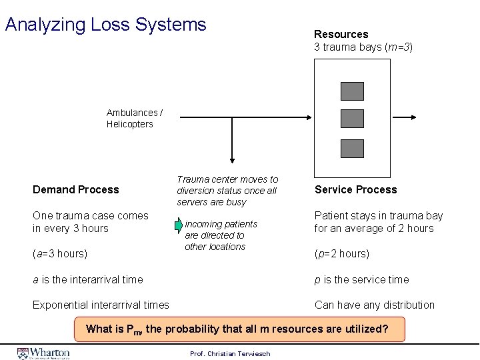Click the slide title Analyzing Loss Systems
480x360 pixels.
[105, 25]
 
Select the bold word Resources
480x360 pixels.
[341, 34]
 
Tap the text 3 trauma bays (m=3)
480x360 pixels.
[363, 47]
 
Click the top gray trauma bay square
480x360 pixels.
[352, 91]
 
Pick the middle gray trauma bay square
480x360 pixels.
[352, 119]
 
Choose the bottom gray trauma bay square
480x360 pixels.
[352, 148]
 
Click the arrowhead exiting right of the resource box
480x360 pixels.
[413, 118]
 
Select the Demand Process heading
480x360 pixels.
[76, 190]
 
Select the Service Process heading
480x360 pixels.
[355, 190]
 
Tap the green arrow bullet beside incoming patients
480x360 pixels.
[178, 225]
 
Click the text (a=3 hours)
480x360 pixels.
[60, 254]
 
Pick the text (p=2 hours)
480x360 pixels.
[341, 254]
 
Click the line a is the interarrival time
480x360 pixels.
[87, 280]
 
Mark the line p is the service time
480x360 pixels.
[361, 280]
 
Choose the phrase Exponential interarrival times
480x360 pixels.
[101, 305]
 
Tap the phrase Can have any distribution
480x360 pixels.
[374, 305]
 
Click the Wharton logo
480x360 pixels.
[44, 353]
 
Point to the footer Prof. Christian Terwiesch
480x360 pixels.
[230, 353]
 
